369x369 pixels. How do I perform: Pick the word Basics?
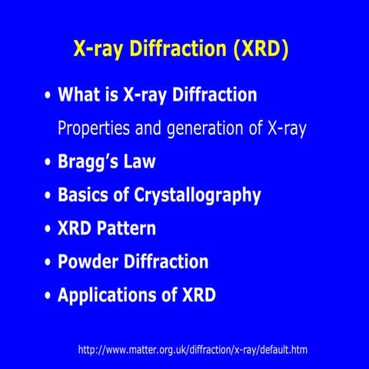[x=85, y=195]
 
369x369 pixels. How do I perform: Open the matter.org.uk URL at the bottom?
[x=193, y=350]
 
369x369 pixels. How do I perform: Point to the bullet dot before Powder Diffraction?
[x=48, y=263]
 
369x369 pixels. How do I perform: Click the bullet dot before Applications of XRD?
[x=48, y=296]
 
